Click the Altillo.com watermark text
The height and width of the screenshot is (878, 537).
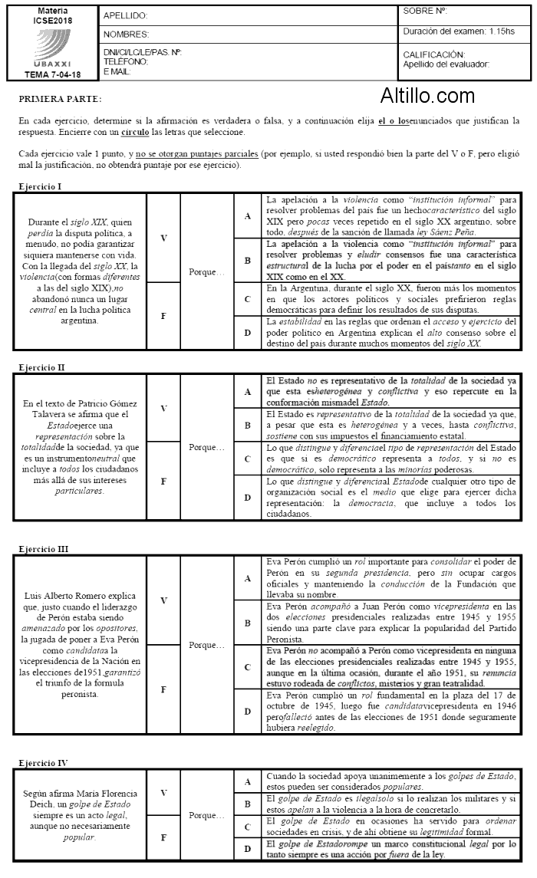tap(427, 96)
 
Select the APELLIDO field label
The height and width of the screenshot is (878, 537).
tap(125, 15)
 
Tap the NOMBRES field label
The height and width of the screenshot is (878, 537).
tap(126, 35)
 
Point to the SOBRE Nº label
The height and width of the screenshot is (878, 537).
tap(425, 12)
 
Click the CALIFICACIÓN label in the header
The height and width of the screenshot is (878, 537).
tap(433, 55)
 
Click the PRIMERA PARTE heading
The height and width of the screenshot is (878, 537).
tap(60, 100)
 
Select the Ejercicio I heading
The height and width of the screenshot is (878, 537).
tap(40, 186)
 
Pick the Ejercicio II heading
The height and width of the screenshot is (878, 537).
tap(41, 369)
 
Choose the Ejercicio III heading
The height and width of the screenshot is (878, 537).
tap(44, 549)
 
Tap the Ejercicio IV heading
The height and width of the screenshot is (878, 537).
tap(43, 763)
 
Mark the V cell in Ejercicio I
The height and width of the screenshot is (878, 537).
tap(163, 238)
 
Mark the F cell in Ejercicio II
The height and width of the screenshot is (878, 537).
tap(163, 482)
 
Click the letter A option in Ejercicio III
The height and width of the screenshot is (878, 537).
tap(247, 578)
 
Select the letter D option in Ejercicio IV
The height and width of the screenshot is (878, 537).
tap(247, 848)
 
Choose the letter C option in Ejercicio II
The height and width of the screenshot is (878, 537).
tap(247, 459)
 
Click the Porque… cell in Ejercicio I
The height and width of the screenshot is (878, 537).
tap(207, 271)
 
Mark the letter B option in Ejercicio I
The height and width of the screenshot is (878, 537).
tap(247, 260)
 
